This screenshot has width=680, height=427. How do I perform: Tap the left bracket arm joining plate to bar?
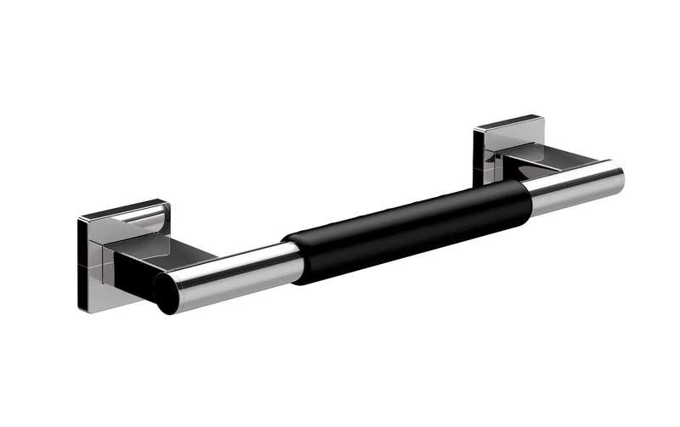click(x=161, y=255)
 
